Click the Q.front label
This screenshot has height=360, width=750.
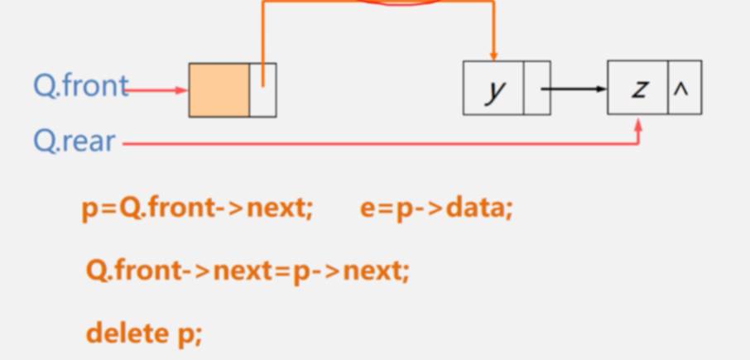(x=79, y=86)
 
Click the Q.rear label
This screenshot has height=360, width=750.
(x=74, y=141)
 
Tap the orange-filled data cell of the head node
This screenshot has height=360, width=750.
(x=219, y=89)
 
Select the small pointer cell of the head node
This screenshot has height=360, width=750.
(x=262, y=89)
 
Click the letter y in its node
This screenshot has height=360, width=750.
(x=494, y=89)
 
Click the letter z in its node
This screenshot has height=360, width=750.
(x=637, y=89)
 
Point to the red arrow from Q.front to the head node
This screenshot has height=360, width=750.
(x=157, y=89)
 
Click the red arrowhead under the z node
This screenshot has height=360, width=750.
(x=638, y=124)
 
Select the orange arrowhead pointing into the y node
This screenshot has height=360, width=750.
(x=493, y=54)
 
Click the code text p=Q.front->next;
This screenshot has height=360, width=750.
(x=197, y=208)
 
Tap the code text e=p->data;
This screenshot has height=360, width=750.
(x=436, y=208)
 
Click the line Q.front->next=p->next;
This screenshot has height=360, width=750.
(x=248, y=271)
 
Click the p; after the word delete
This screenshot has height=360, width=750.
(x=190, y=334)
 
